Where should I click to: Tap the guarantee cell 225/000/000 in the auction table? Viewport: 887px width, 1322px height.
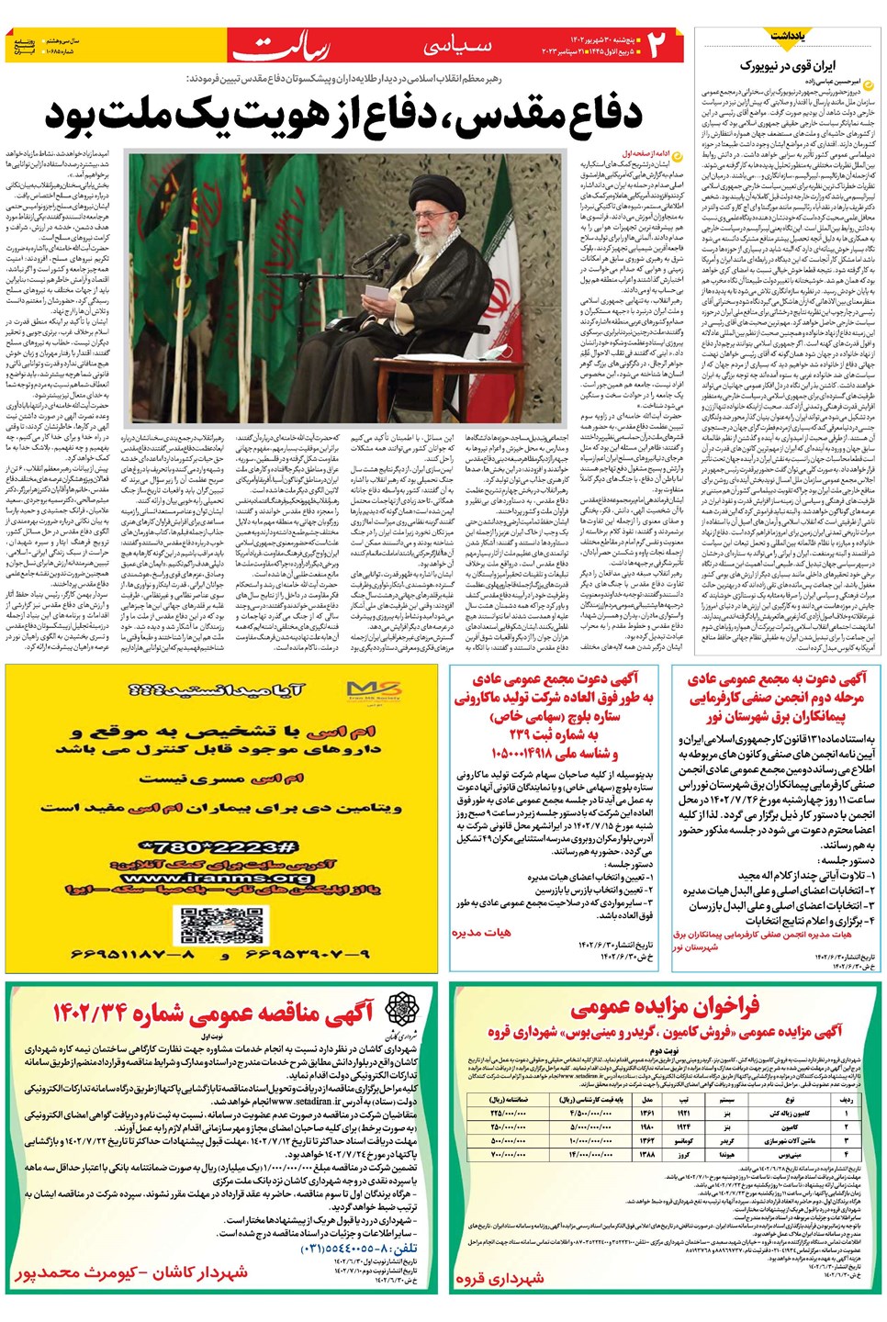coord(508,1113)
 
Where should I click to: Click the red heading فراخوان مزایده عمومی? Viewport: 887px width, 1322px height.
coord(665,1007)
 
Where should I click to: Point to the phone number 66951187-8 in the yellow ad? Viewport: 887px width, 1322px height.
coord(133,955)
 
